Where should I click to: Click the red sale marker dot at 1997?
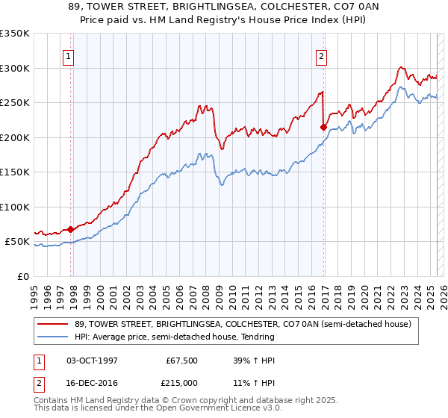click(70, 230)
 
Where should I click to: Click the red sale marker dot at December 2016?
click(323, 128)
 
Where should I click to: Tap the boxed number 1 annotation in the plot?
click(68, 55)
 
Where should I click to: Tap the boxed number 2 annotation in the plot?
click(321, 55)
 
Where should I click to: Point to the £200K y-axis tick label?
click(15, 137)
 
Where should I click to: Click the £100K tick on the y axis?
click(15, 207)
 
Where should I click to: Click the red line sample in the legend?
click(53, 324)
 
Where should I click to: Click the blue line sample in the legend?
click(53, 337)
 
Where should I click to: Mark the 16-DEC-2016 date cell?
click(92, 382)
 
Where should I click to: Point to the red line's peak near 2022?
click(401, 66)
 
